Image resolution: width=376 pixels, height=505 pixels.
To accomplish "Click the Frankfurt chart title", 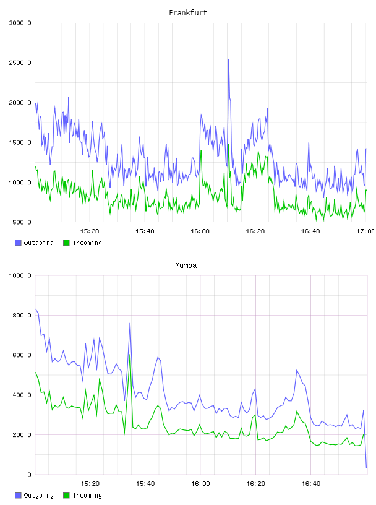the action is coord(188,12).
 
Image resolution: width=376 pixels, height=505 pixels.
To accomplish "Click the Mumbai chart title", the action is coord(187,265).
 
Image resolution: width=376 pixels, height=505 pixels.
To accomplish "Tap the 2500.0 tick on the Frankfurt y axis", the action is coord(20,63).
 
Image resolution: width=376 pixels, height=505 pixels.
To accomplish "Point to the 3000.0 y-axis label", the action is coord(20,23).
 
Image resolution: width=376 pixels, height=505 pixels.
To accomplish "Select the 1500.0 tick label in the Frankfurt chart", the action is coord(20,143).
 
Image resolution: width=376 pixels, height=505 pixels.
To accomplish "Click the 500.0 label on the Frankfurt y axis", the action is coord(22,222).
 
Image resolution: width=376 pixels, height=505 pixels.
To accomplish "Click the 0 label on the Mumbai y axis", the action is coord(29,475).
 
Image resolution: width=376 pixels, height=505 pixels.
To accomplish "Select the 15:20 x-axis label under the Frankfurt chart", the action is coord(90,231).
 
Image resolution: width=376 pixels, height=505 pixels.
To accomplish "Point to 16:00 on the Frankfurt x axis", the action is coord(200,231).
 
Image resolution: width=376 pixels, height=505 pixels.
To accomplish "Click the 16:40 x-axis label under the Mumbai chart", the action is coord(311,484).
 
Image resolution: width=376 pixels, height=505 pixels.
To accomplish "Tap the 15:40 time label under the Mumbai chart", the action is coord(145,484).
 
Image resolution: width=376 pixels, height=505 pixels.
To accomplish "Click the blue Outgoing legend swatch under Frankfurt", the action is coord(18,243).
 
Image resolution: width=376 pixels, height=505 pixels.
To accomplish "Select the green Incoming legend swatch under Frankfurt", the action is coord(66,243).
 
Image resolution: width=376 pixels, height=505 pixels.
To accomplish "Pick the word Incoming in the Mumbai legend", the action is coord(87,495).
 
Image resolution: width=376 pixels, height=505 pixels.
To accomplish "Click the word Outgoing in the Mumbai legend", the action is coord(38,495).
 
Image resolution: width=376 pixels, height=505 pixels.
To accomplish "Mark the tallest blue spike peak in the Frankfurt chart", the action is coord(229,59).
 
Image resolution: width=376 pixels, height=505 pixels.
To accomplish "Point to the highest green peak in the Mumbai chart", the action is coord(130,354).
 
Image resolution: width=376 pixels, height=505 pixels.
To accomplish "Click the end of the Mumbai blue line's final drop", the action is coord(366,467).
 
